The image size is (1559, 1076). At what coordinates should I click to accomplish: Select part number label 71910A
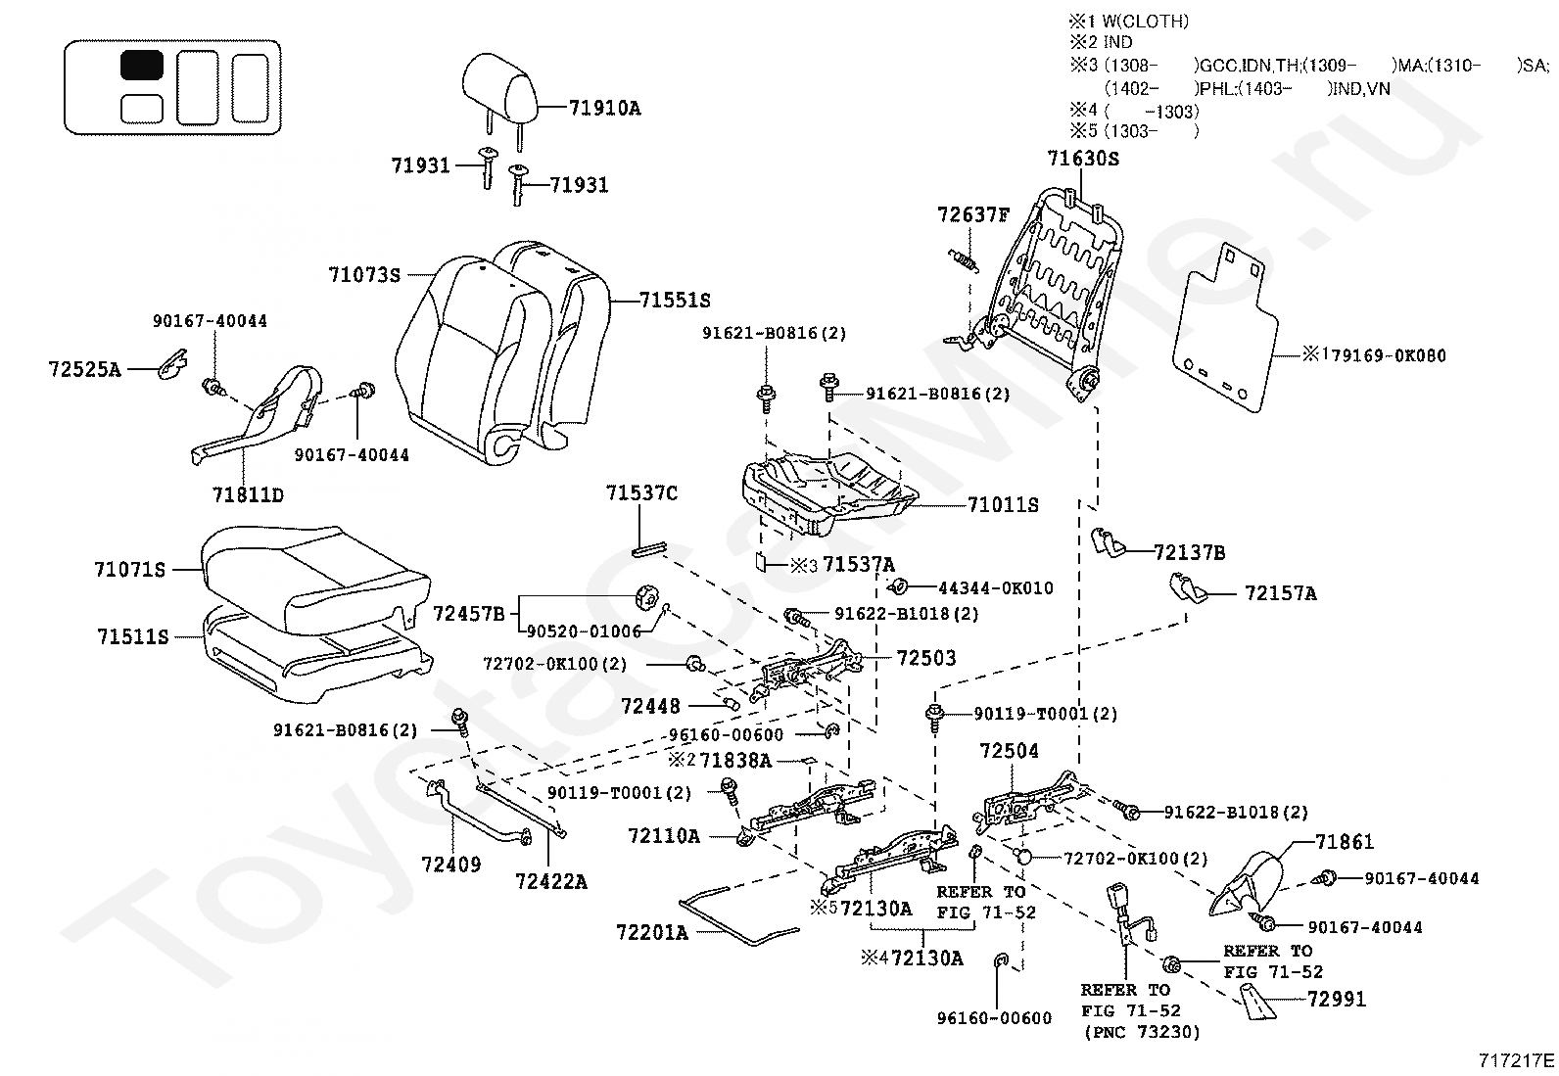pos(604,108)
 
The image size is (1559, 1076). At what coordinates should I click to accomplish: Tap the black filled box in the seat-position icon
pos(142,65)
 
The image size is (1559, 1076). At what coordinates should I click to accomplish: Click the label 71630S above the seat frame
pos(1083,159)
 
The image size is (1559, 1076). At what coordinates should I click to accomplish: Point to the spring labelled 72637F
pos(965,261)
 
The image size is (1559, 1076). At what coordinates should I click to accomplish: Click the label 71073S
pos(364,275)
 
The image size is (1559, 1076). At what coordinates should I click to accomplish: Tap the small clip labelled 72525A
pos(173,363)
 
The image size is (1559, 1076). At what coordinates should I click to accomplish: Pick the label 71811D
pos(248,494)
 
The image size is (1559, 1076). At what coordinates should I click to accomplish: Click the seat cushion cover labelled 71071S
pos(313,578)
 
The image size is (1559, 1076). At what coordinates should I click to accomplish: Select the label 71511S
pos(133,636)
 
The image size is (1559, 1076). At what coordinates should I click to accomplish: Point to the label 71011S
pos(1003,504)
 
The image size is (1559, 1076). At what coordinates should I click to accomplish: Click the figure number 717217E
pos(1517,1060)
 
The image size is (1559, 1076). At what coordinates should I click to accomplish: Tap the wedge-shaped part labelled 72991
pos(1258,1004)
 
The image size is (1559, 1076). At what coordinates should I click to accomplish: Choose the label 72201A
pos(651,932)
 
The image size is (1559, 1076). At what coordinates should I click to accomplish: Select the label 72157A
pos(1281,593)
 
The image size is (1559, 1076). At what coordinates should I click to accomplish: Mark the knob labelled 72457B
pos(647,596)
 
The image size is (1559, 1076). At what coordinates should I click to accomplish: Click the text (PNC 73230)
pos(1142,1032)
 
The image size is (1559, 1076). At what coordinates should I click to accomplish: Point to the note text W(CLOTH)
pos(1146,22)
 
